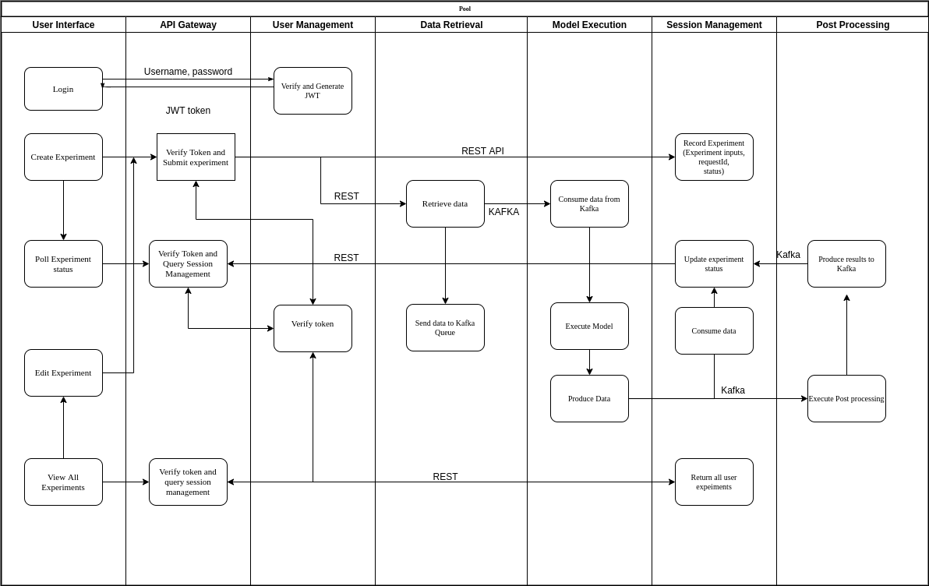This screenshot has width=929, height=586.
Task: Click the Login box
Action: click(x=63, y=89)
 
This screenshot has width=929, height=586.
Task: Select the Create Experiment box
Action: click(x=63, y=157)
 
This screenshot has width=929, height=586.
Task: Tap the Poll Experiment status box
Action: click(x=63, y=263)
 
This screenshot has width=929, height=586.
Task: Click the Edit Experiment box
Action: click(x=63, y=372)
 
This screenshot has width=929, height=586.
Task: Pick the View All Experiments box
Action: click(x=63, y=482)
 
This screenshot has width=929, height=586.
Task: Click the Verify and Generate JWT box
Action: click(x=313, y=90)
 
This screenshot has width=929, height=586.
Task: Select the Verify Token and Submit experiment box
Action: click(x=196, y=157)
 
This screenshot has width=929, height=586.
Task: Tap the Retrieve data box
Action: click(x=445, y=203)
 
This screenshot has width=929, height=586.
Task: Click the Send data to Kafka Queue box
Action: click(x=445, y=327)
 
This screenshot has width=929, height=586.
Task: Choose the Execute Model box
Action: click(x=589, y=326)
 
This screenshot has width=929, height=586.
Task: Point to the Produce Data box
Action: click(x=589, y=398)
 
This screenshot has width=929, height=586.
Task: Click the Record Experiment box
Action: click(x=714, y=157)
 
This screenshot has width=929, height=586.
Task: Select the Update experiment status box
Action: click(x=714, y=263)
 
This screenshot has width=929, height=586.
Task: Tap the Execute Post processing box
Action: click(x=846, y=398)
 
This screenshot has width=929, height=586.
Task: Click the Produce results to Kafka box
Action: click(x=846, y=263)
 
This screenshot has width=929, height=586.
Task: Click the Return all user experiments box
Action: click(x=714, y=482)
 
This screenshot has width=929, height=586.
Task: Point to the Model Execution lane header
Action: click(x=589, y=25)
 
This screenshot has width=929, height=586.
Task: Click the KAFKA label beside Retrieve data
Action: click(x=503, y=212)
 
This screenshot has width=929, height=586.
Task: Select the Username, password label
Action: click(x=188, y=72)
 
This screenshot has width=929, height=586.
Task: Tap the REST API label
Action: click(x=482, y=151)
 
